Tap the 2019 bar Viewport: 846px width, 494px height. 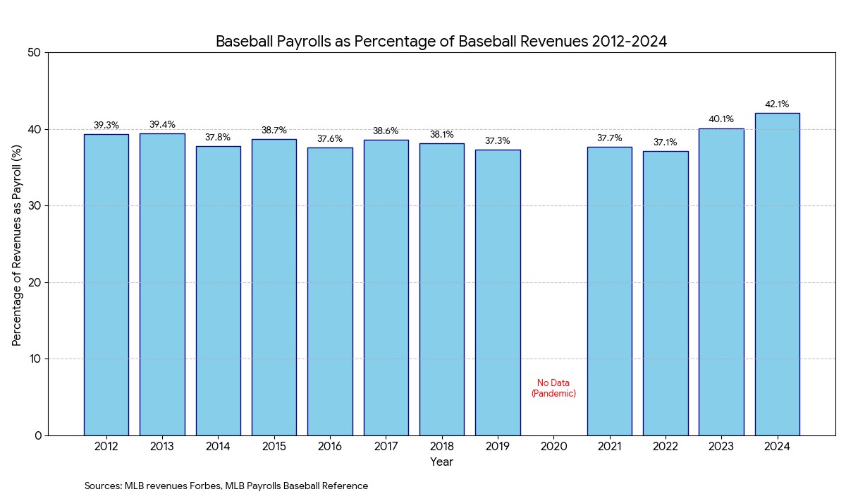coord(498,292)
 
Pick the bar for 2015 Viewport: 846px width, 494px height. coord(274,287)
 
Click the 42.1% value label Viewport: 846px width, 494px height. coord(777,104)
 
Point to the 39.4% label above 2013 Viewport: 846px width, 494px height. coord(162,125)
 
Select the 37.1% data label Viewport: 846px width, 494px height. coord(665,143)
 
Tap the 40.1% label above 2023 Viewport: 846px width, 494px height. coord(721,119)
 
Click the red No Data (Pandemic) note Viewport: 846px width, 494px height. coord(553,388)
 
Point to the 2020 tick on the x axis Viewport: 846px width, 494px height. coord(553,447)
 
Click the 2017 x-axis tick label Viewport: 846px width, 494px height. coord(386,447)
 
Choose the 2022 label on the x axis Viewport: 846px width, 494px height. coord(665,447)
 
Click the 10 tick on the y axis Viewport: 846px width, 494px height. coord(35,359)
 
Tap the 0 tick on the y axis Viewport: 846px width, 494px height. coord(39,435)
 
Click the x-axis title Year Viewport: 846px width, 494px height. coord(441,462)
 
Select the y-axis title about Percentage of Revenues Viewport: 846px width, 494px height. coord(17,243)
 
